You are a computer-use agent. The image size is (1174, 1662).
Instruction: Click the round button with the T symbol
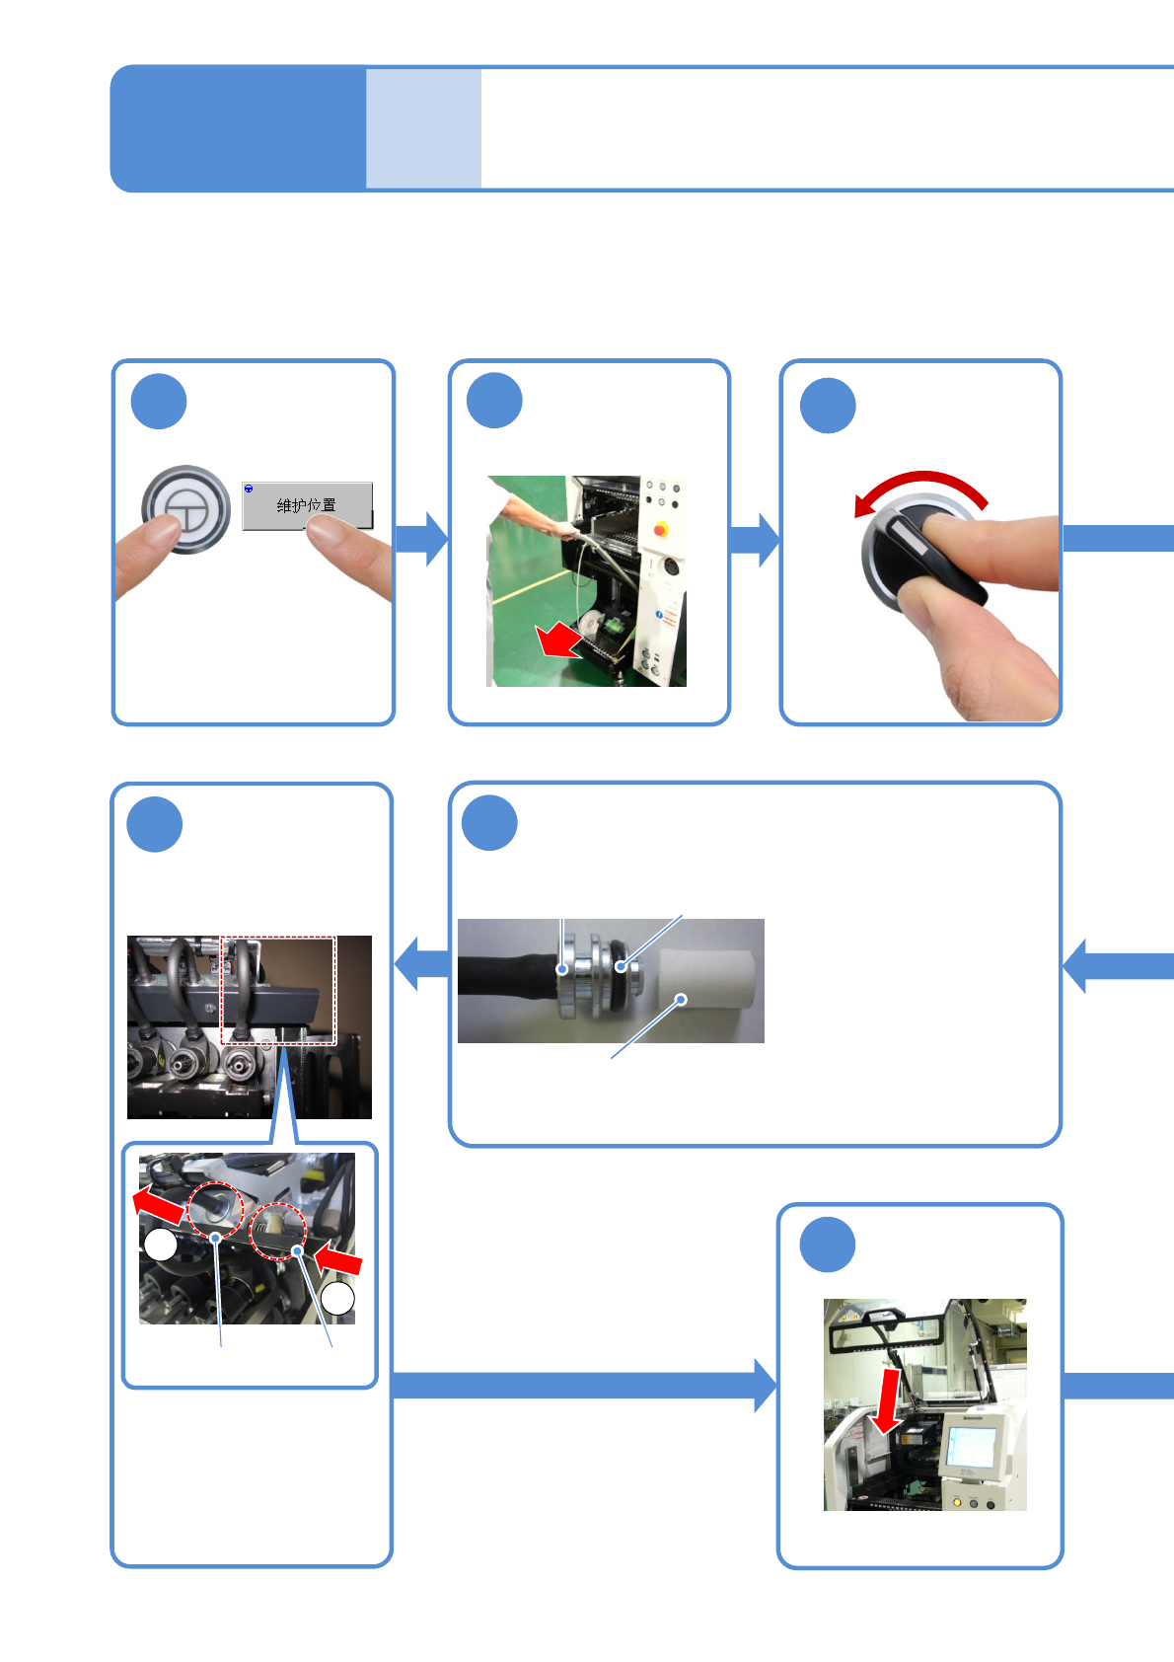tap(185, 509)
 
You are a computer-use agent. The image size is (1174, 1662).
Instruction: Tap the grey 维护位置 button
tap(307, 505)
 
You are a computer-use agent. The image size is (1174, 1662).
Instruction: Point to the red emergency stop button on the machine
tap(659, 529)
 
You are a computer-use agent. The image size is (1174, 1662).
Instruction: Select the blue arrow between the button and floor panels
tap(421, 539)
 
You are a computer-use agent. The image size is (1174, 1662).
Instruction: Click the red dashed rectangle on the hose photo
tap(278, 990)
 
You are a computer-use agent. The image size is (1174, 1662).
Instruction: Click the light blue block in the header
tap(423, 128)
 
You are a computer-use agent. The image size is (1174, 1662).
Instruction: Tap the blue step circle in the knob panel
tap(828, 406)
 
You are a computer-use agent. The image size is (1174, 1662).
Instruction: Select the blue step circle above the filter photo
tap(490, 822)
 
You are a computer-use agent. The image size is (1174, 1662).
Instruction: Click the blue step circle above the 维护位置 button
tap(159, 401)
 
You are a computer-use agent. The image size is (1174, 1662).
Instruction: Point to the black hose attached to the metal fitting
tap(503, 981)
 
